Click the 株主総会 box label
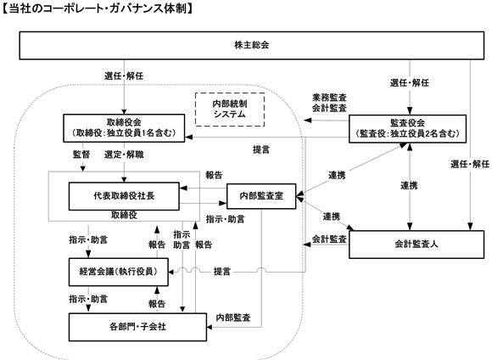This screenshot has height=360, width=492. pyautogui.click(x=252, y=45)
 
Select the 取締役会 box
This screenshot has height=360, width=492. pyautogui.click(x=124, y=128)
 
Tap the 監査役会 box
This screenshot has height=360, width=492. pyautogui.click(x=407, y=129)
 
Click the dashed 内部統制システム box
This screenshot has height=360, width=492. pyautogui.click(x=230, y=110)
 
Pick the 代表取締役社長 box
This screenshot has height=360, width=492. pyautogui.click(x=124, y=196)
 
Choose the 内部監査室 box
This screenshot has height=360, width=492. pyautogui.click(x=261, y=196)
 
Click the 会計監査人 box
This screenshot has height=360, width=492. pyautogui.click(x=417, y=245)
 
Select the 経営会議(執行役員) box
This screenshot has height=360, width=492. pyautogui.click(x=118, y=272)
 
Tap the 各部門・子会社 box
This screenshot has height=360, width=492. pyautogui.click(x=137, y=327)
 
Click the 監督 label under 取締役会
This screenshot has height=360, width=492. pyautogui.click(x=81, y=155)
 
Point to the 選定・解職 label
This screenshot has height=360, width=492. pyautogui.click(x=124, y=155)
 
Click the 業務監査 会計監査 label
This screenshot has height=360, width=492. pyautogui.click(x=329, y=103)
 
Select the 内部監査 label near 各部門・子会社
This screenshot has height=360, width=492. pyautogui.click(x=233, y=318)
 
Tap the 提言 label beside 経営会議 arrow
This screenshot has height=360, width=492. pyautogui.click(x=222, y=272)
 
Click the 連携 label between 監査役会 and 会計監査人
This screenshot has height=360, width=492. pyautogui.click(x=409, y=186)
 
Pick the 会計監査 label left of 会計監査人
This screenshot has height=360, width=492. pyautogui.click(x=329, y=239)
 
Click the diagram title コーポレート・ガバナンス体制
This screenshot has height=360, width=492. pyautogui.click(x=98, y=8)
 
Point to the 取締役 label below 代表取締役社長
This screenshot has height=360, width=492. pyautogui.click(x=124, y=215)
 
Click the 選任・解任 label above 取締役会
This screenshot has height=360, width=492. pyautogui.click(x=124, y=76)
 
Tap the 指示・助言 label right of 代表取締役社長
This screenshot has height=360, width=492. pyautogui.click(x=225, y=219)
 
